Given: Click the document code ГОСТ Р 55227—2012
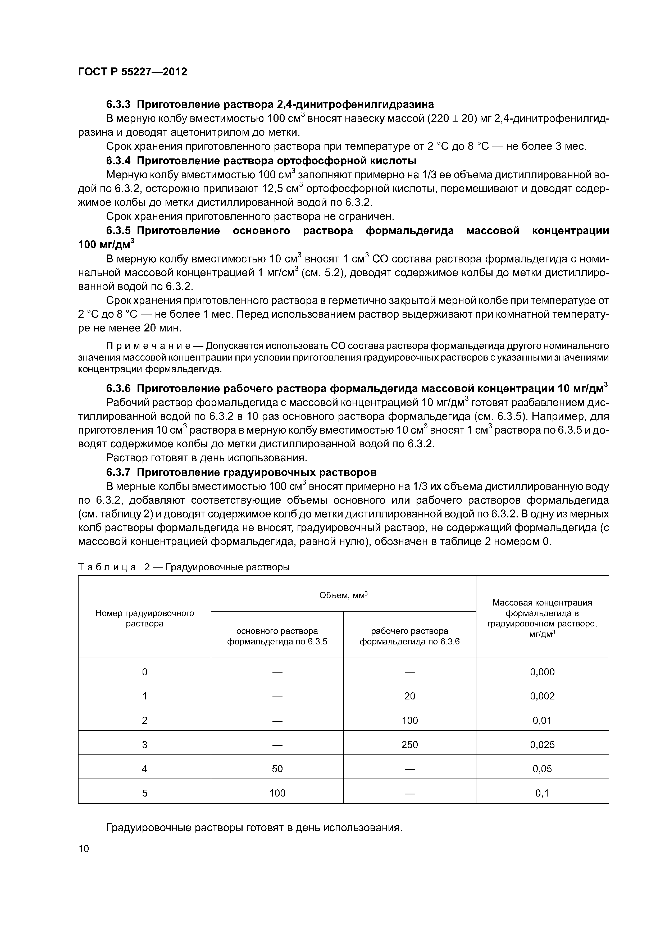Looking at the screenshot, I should (x=133, y=72).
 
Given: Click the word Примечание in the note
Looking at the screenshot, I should (x=154, y=346).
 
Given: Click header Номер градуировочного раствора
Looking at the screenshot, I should (x=145, y=618).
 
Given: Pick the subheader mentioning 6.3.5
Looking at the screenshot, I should (x=277, y=636).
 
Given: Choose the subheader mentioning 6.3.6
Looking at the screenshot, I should (x=409, y=636).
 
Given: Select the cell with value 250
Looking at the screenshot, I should (x=409, y=744).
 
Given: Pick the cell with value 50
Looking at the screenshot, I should (x=277, y=769).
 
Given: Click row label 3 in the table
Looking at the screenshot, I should (x=145, y=744).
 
